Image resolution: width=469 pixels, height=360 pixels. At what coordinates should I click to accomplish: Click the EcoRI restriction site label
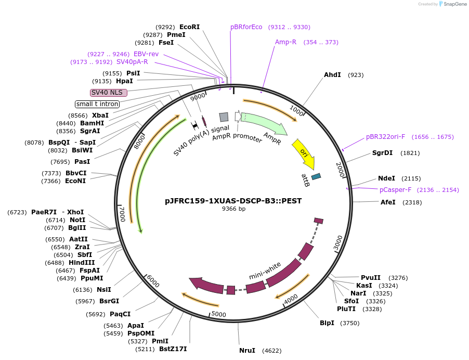189,27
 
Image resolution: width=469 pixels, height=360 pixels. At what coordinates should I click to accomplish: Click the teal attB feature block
316,177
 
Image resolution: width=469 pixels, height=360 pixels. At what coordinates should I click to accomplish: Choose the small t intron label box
97,104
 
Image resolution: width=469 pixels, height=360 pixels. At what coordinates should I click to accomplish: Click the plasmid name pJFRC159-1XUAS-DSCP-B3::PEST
233,200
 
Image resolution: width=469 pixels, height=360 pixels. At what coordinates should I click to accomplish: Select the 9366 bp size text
233,209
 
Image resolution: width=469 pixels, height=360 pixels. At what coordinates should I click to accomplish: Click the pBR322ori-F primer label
385,137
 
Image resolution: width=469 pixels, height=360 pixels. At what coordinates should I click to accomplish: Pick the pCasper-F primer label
395,190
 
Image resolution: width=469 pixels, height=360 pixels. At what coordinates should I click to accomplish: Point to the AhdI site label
332,75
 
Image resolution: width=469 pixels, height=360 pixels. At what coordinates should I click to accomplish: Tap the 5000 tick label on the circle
218,314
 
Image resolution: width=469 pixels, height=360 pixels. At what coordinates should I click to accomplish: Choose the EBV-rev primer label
146,54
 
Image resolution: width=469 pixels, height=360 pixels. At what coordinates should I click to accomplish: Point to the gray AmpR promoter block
224,117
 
